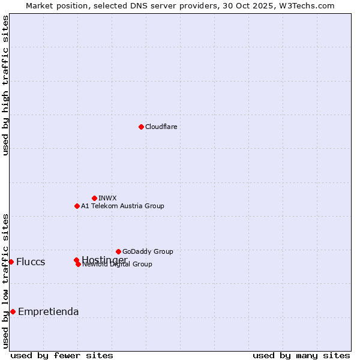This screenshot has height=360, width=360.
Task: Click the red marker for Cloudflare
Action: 141,127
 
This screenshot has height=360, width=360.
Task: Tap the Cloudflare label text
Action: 161,127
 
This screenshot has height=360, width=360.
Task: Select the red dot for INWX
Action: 94,198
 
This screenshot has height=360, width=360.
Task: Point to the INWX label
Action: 107,198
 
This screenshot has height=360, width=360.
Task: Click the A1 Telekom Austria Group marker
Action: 77,206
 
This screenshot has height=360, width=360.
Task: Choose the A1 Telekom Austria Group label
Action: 122,206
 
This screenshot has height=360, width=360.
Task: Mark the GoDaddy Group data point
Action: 118,251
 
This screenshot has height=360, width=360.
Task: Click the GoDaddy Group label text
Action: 148,251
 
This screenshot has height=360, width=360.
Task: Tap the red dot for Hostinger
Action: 76,260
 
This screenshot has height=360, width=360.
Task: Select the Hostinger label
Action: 104,260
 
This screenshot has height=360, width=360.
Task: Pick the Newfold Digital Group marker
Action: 78,264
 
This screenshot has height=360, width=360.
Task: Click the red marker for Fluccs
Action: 11,262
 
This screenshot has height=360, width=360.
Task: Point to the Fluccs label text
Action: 31,262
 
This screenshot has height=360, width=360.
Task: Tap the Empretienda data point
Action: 13,311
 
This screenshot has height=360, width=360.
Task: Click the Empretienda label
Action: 49,311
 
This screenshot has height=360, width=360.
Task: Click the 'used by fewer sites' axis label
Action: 53,355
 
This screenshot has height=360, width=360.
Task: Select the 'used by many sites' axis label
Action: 301,355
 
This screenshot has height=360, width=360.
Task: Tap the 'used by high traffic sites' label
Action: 6,85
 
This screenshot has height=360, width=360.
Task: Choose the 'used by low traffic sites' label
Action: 6,281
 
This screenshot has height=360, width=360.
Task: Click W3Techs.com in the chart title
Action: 305,5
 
